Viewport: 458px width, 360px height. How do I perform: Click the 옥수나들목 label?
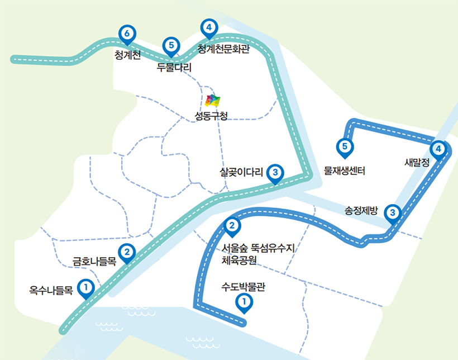click(x=51, y=290)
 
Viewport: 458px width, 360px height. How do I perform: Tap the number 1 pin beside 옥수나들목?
click(x=85, y=288)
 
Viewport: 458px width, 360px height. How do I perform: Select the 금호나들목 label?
click(x=94, y=261)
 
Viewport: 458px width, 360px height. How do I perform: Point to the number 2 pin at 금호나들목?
click(x=127, y=253)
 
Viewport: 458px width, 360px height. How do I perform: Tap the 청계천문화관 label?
click(x=223, y=49)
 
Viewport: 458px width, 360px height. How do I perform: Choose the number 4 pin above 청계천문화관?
click(x=208, y=27)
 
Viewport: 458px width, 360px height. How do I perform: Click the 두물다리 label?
click(x=174, y=68)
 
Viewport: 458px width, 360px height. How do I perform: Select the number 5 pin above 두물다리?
click(x=170, y=45)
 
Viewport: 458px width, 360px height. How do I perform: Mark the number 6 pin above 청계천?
click(x=127, y=35)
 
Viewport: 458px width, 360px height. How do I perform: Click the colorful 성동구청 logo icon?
click(x=213, y=101)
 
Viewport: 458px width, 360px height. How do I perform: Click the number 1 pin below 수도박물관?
click(x=244, y=302)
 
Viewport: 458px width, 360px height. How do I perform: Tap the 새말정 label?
click(x=417, y=163)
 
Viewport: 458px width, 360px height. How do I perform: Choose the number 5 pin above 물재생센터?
click(x=345, y=147)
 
